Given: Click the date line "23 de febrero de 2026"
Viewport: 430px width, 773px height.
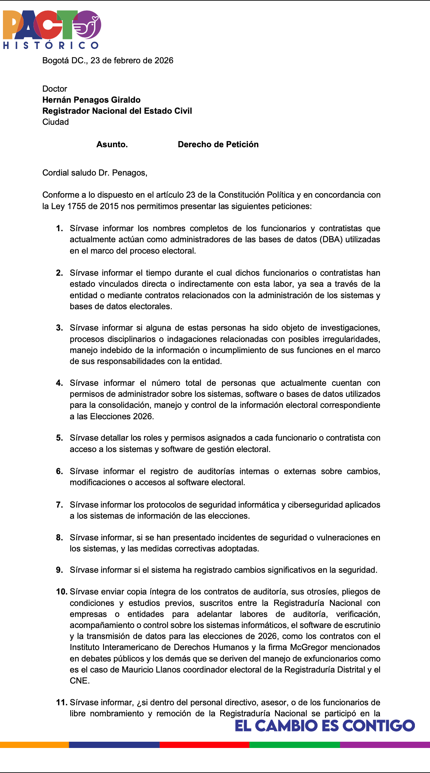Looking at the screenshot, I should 132,60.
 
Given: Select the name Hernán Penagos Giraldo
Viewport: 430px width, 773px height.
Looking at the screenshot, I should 91,100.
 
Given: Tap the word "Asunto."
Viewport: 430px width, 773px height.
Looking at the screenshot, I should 112,144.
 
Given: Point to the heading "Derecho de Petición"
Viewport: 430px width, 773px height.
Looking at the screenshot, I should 218,144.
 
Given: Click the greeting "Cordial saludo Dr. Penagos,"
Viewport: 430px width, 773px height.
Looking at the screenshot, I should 95,173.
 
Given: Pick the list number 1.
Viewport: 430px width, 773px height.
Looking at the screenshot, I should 59,229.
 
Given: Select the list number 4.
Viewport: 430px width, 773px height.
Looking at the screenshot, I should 59,383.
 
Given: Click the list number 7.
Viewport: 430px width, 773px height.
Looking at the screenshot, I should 59,505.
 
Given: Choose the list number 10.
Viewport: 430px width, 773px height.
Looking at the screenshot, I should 61,592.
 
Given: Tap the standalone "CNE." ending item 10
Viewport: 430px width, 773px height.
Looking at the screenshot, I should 80,681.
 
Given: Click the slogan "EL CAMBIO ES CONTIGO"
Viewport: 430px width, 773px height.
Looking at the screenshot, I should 324,726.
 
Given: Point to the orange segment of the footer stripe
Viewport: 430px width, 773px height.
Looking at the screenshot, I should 34,745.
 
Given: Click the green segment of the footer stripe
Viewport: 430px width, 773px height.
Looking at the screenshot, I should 295,745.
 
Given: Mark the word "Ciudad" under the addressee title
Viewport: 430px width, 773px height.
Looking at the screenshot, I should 56,122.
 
